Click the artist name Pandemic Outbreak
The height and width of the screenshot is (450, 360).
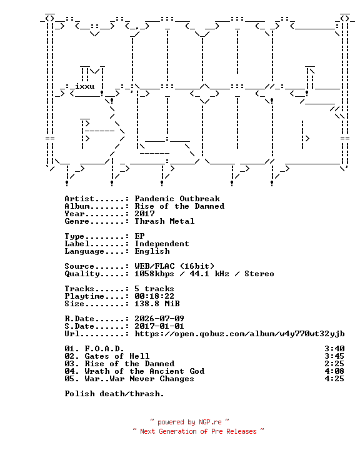pos(177,199)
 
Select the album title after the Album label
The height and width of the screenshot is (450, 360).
pos(179,206)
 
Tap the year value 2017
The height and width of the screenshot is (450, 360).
pos(145,214)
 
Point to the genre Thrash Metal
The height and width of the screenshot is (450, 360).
pos(164,221)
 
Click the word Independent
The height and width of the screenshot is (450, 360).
pos(162,244)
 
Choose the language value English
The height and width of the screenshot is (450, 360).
pos(152,251)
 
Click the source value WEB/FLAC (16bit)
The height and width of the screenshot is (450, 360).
pos(174,266)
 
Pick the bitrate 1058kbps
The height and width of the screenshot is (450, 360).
pos(154,274)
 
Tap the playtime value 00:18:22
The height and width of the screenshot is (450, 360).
pos(154,296)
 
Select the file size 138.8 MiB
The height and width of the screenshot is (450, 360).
pos(157,303)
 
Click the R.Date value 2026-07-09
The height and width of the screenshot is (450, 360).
pos(159,319)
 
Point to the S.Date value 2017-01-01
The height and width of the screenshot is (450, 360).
pos(159,326)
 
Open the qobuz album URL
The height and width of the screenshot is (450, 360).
pos(239,334)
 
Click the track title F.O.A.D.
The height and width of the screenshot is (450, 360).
pos(104,349)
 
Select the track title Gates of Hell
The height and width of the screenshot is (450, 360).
pos(117,356)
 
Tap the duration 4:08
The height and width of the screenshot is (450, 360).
pos(334,371)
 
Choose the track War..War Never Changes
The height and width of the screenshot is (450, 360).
pos(139,379)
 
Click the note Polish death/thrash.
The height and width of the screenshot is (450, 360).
pos(114,394)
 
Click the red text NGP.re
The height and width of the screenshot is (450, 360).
pos(210,422)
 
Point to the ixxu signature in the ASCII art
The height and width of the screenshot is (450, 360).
pos(85,86)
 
